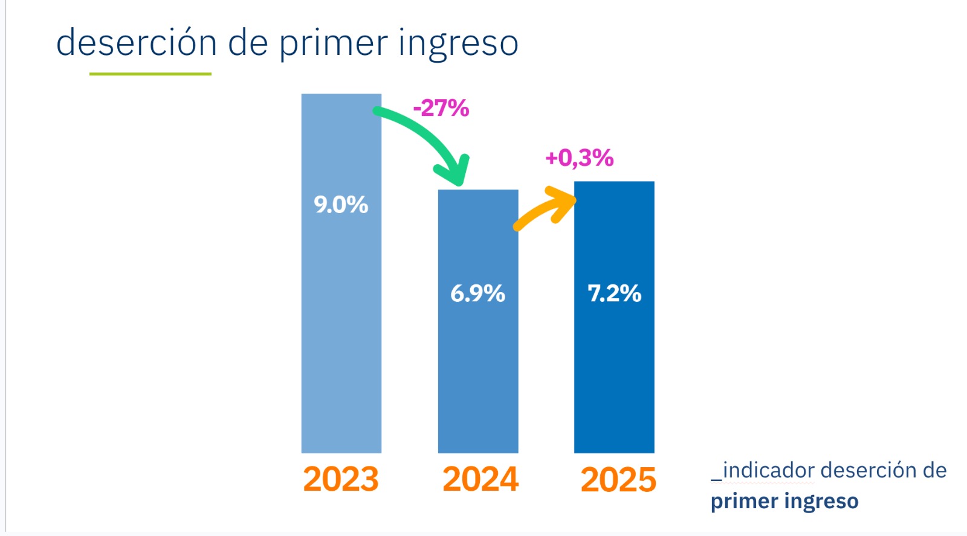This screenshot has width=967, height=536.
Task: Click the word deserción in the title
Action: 136,43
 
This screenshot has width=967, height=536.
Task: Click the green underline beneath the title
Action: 150,74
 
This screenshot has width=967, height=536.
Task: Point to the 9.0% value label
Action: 341,205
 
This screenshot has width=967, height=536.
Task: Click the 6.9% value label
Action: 477,293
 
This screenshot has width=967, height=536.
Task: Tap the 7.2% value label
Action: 614,293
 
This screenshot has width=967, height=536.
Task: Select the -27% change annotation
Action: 441,109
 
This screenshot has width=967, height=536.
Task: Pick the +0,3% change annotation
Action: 579,158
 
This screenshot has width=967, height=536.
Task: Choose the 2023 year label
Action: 341,479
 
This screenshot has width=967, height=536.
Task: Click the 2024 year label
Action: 480,479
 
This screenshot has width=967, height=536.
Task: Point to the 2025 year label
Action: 618,480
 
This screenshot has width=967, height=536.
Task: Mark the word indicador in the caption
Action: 768,470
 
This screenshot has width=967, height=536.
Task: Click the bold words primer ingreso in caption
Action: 784,501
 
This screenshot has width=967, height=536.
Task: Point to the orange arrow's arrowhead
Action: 566,199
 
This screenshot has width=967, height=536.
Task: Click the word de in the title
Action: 248,43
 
